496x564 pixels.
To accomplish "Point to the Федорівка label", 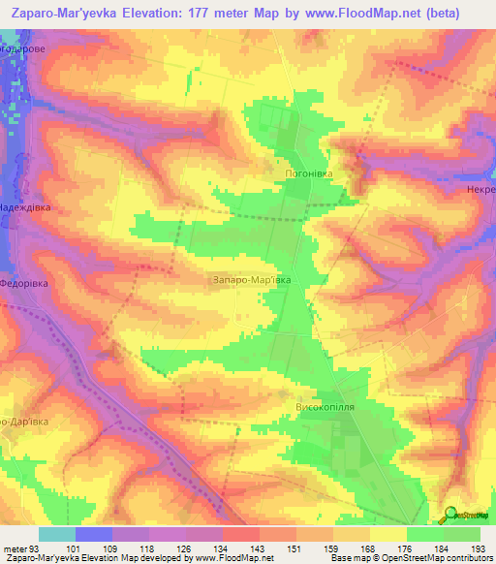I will [24, 286].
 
